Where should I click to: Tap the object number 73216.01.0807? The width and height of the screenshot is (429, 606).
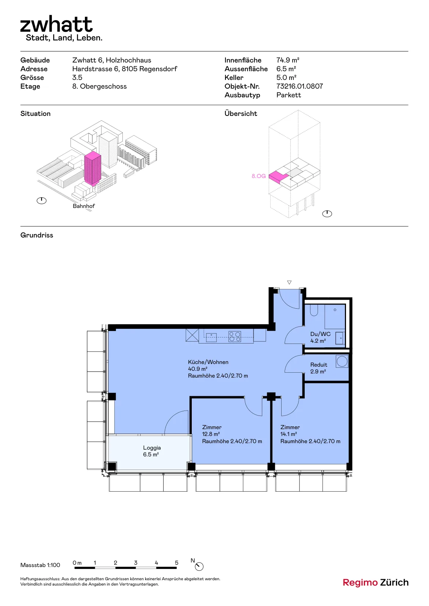300,86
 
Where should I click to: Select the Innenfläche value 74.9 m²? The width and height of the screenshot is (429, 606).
288,60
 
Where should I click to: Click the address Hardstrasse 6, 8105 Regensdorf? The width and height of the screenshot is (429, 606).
125,69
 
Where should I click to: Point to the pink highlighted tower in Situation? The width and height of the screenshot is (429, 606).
92,168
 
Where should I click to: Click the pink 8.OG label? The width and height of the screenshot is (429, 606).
258,176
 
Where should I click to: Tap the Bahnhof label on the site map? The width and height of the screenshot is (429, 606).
84,206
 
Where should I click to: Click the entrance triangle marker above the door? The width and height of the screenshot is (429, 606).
289,283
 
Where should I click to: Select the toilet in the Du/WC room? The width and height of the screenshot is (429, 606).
314,310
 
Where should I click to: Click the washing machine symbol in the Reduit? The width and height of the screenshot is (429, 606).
342,361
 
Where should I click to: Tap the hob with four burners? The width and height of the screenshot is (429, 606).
235,337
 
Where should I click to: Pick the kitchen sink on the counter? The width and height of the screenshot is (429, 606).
211,337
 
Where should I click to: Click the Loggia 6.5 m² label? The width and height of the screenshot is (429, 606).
152,451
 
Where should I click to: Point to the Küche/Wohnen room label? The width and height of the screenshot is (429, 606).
208,362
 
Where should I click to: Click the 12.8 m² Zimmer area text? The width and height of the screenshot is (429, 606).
211,434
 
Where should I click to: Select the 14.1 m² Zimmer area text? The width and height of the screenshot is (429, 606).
288,434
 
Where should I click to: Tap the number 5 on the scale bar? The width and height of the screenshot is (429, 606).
177,563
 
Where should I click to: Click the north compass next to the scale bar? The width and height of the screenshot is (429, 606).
199,567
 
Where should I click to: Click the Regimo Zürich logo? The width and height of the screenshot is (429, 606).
376,583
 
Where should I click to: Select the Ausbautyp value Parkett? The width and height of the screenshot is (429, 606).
288,95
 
